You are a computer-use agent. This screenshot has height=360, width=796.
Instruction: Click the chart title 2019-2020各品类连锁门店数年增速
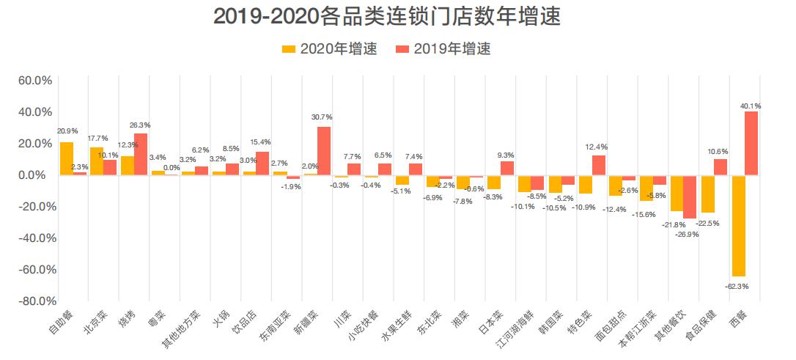coord(386,16)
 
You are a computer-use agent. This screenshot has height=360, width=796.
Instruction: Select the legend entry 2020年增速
coord(331,49)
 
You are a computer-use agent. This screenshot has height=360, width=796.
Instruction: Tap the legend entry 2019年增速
coord(443,49)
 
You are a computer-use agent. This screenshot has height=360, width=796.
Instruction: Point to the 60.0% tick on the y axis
coord(36,80)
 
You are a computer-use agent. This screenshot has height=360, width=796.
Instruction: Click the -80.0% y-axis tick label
coord(34,301)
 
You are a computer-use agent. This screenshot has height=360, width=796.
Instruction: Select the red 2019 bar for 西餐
coord(751,143)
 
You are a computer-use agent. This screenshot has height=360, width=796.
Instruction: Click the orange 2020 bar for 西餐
coord(738,225)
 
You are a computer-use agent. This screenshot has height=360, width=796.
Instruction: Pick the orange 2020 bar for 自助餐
coord(67,158)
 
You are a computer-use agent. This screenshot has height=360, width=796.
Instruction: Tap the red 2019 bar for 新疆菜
coord(324,150)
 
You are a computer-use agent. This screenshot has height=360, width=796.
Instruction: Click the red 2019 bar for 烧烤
coord(141,154)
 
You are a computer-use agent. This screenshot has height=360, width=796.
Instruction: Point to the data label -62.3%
coord(737,286)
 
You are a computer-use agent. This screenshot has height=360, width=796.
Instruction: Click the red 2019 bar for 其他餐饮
coord(690,196)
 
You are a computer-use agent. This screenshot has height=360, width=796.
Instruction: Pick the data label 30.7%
coord(322,117)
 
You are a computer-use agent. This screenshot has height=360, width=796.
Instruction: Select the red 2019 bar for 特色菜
coord(599,165)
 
